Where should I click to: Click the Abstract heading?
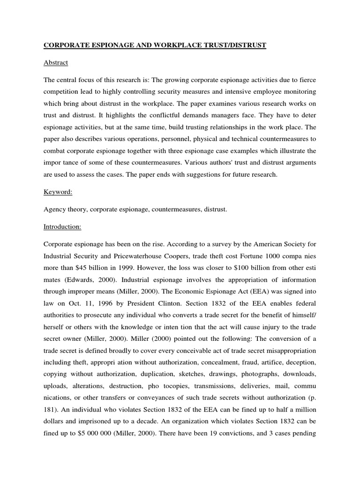point(56,62)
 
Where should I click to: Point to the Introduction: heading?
point(62,227)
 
